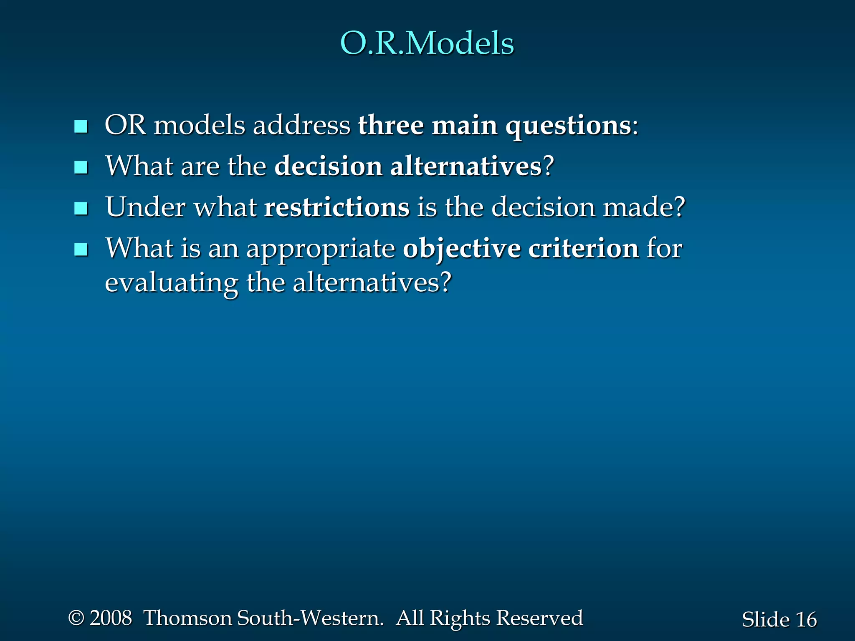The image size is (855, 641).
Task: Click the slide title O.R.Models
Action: [427, 43]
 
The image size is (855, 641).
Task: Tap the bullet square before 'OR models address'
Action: [81, 126]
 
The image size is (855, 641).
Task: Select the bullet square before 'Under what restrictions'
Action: [81, 208]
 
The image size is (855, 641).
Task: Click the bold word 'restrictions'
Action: [337, 207]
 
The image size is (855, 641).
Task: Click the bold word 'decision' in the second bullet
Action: [328, 166]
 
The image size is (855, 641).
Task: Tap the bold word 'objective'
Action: [461, 249]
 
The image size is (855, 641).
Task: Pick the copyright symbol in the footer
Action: [76, 618]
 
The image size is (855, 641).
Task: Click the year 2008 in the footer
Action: [111, 618]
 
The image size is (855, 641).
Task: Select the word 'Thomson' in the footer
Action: [187, 618]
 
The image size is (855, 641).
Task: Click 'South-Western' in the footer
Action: [309, 618]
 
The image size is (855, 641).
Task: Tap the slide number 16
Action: [806, 620]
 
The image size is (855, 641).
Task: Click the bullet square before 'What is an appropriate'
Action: [81, 250]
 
